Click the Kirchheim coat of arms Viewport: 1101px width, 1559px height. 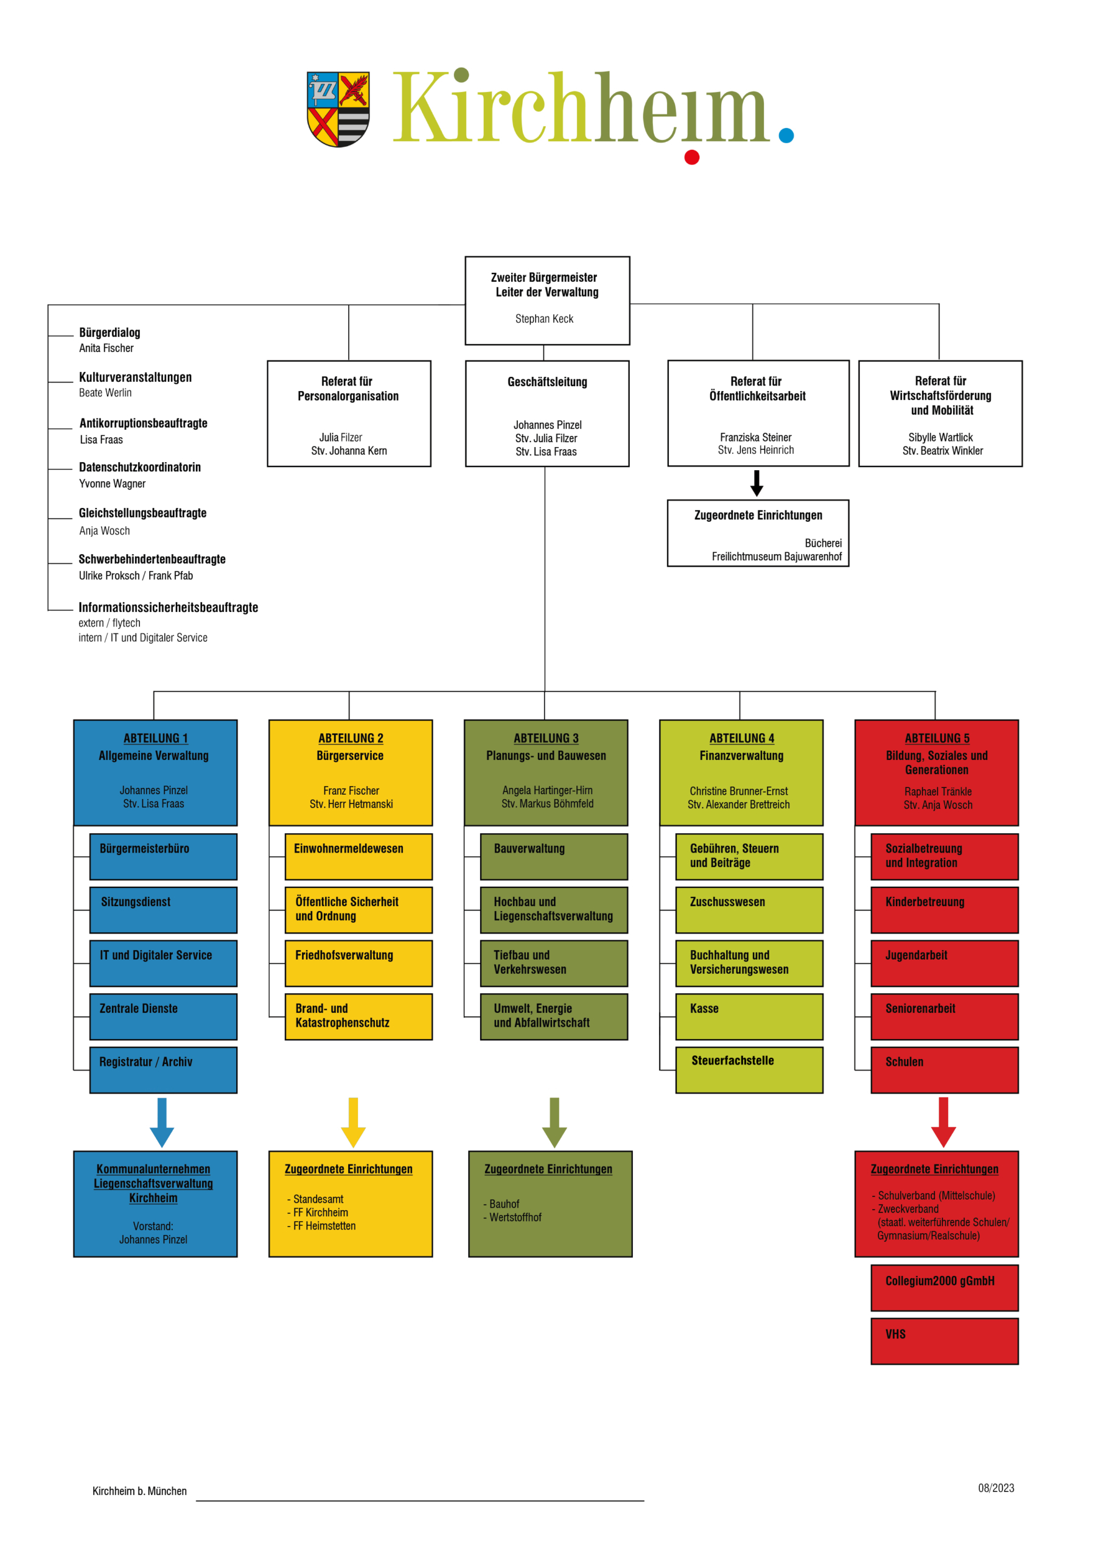(338, 108)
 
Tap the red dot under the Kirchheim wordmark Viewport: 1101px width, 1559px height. (691, 158)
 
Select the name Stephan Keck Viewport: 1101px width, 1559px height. (544, 318)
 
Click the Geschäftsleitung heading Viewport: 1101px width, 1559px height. (547, 382)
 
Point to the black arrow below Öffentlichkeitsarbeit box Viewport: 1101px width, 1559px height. (757, 483)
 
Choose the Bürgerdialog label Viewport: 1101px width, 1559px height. (110, 332)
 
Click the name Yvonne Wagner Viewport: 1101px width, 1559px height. (112, 484)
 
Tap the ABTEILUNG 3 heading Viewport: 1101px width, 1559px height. (546, 738)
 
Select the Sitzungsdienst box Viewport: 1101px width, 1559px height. (163, 910)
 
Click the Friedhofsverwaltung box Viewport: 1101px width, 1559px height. (358, 963)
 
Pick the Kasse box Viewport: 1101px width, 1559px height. (749, 1016)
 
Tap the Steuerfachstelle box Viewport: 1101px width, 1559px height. (749, 1069)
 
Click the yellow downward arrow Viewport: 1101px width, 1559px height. (353, 1122)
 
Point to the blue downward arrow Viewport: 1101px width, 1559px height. (161, 1122)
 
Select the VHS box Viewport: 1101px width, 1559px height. (944, 1341)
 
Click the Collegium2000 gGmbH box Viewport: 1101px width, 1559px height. (944, 1287)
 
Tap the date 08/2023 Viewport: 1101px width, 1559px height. (996, 1488)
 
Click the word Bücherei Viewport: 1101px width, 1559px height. (823, 543)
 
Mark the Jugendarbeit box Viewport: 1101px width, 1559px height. (944, 963)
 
